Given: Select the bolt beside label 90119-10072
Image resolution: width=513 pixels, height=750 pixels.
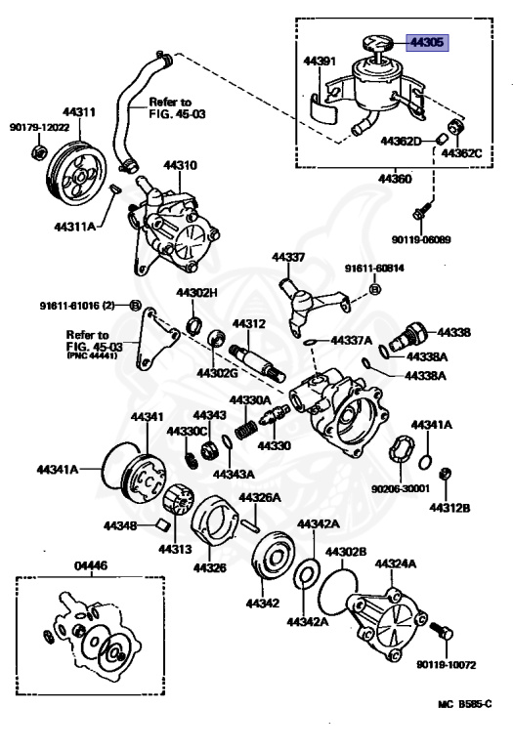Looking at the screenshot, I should pos(438,635).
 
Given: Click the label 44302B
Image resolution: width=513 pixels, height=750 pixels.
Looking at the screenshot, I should pos(346,552).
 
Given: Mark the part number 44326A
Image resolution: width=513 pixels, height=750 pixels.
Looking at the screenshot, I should pos(261,497).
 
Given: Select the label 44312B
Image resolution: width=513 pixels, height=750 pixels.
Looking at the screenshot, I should pos(451,507).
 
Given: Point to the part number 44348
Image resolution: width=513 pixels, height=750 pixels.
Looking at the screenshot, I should pos(121,525).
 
